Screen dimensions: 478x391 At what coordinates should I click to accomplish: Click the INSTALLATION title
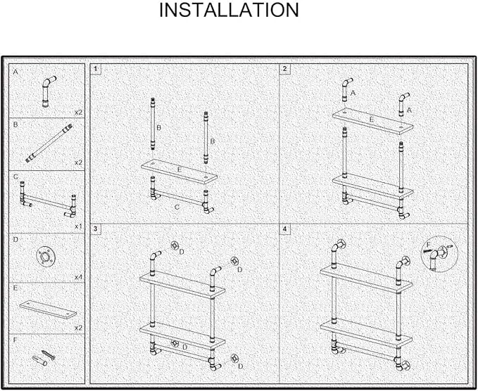coord(229,10)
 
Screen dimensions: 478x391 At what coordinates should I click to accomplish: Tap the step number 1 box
coord(96,69)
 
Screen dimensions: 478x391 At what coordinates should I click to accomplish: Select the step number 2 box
coord(284,69)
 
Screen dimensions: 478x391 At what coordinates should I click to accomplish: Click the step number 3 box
coord(96,229)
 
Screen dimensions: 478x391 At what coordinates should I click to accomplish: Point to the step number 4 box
coord(284,229)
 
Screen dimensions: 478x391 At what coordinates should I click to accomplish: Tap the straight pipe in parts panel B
coord(49,143)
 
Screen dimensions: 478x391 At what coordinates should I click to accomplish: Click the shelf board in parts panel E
coord(48,309)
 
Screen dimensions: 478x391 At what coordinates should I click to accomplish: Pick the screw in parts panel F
coord(48,354)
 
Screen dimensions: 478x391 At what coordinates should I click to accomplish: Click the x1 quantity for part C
coord(78,226)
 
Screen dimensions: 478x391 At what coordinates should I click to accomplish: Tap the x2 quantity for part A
coord(79,113)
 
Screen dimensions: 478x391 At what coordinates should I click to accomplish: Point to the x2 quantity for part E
coord(79,328)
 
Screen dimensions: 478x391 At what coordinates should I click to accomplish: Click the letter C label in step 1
coord(177,207)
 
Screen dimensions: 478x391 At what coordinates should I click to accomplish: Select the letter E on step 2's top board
coord(371,120)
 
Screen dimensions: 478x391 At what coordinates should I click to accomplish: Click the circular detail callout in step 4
coord(439,254)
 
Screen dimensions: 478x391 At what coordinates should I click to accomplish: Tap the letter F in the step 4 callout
coord(428,245)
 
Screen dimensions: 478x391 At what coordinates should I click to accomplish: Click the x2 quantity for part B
coord(79,162)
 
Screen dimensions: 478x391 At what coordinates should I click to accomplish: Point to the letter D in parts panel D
coord(15,240)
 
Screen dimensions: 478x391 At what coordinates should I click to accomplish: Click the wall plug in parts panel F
coord(39,360)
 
